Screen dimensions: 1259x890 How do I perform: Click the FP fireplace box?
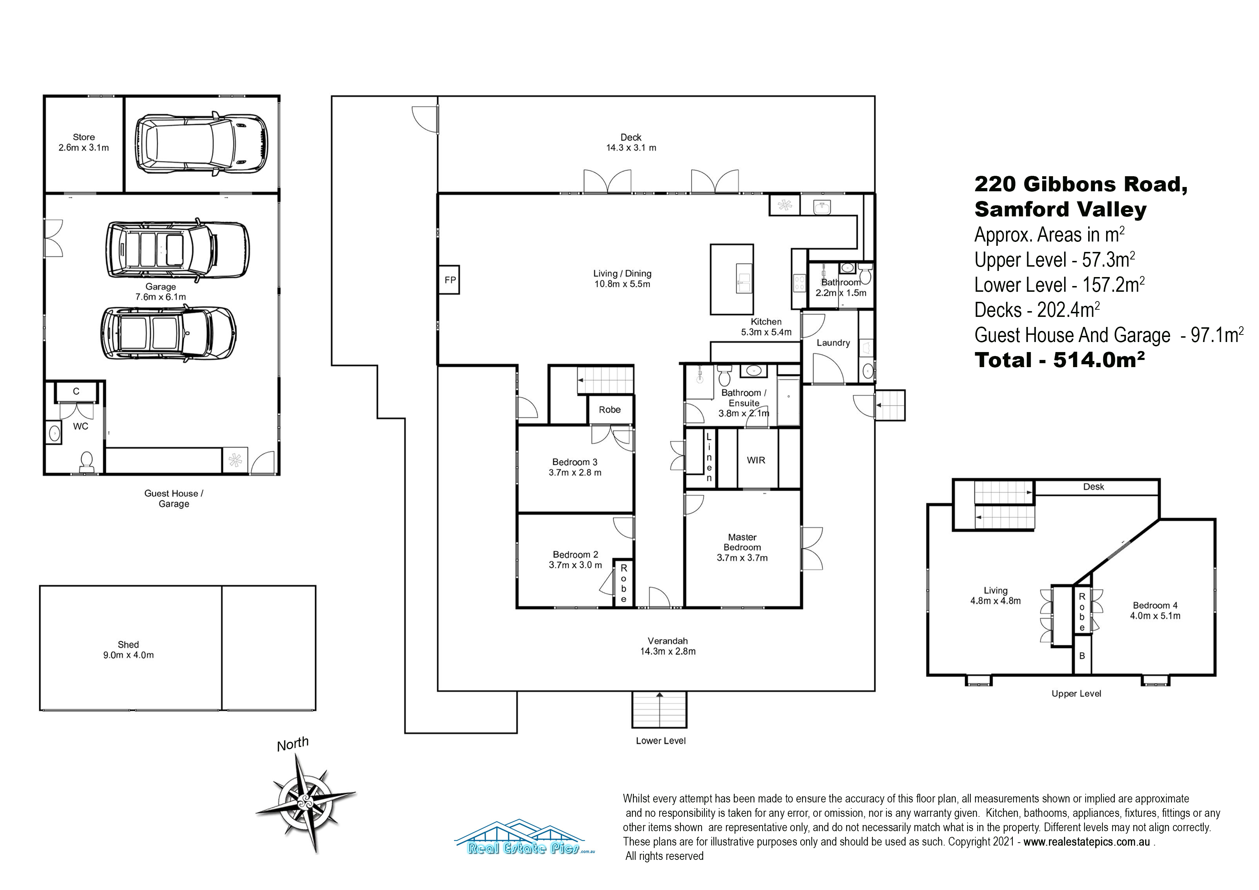449,280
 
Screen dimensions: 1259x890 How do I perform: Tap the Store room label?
84,142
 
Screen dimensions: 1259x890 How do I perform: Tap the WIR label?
755,460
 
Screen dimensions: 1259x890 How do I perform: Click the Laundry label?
833,343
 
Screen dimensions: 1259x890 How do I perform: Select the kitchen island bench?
731,279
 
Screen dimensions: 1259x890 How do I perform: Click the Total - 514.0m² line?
1059,360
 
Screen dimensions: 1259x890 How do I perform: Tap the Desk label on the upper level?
1094,486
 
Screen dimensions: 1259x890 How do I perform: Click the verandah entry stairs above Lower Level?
659,709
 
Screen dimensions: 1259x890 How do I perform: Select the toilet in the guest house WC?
86,462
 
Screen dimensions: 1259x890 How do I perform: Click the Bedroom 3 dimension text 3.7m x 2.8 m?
575,473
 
